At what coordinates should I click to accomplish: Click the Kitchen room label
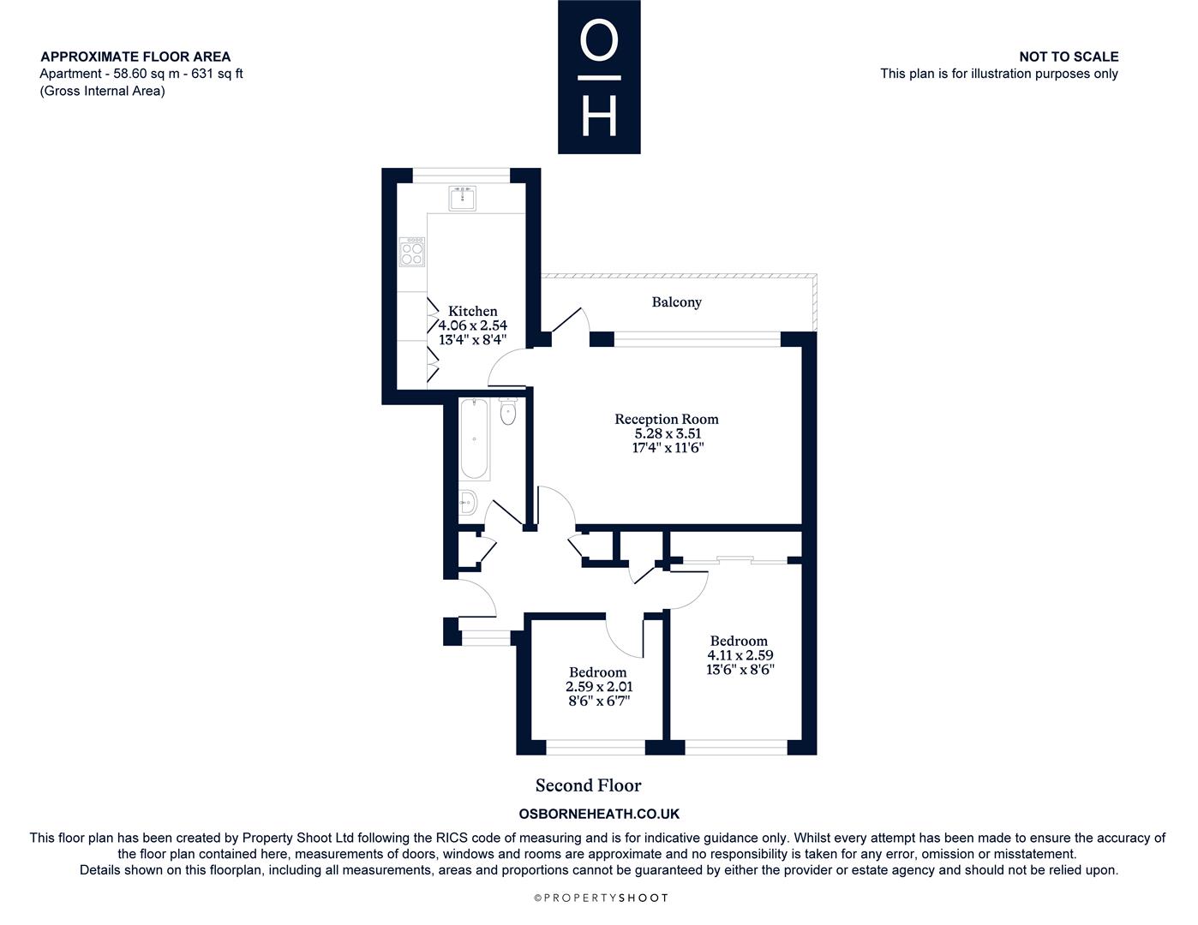point(472,311)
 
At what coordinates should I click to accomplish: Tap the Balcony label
point(676,301)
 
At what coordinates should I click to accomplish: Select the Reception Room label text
point(667,419)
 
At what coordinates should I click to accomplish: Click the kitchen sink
point(462,199)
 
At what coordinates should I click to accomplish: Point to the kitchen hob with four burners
point(412,252)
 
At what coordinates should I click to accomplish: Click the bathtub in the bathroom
point(474,439)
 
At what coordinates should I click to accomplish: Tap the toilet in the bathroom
point(508,410)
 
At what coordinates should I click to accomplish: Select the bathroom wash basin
point(468,502)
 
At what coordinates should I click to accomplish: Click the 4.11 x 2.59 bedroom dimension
point(740,655)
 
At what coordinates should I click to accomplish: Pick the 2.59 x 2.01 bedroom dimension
point(599,686)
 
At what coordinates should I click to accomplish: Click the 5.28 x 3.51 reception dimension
point(668,433)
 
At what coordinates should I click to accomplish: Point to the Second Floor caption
point(588,785)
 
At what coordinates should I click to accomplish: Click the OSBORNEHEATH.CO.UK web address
point(599,814)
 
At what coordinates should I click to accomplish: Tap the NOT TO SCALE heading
point(1069,57)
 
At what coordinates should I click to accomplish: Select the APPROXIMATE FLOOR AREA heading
point(135,57)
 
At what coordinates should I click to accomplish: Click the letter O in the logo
point(599,39)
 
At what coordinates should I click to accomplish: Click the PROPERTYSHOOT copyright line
point(601,898)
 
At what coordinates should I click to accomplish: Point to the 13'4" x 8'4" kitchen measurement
point(472,339)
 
